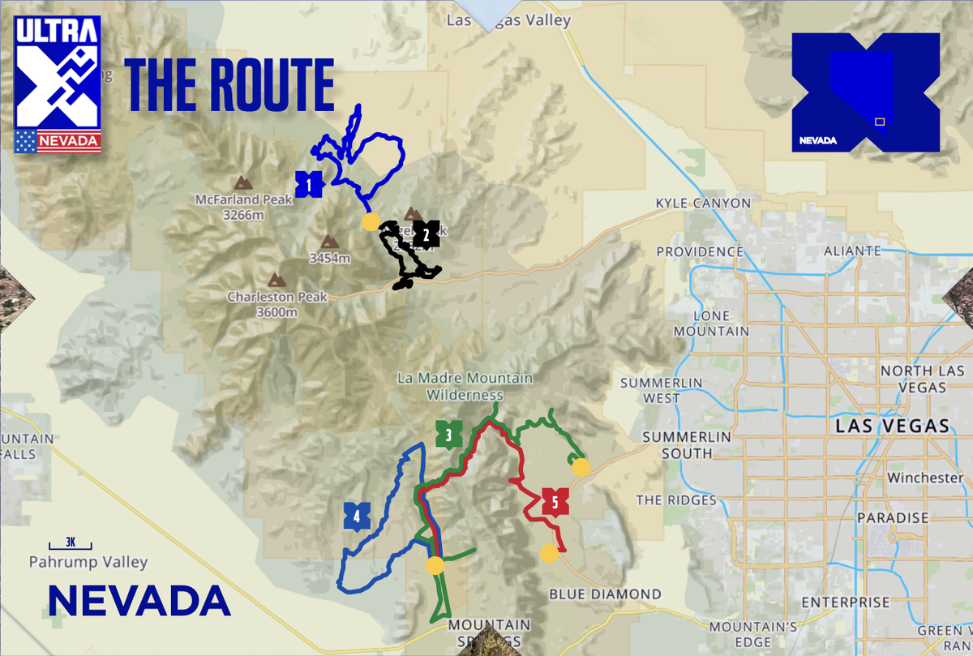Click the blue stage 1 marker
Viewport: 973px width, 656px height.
pyautogui.click(x=309, y=185)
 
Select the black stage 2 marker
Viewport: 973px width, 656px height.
pyautogui.click(x=426, y=234)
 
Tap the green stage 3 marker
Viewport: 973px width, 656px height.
pyautogui.click(x=448, y=435)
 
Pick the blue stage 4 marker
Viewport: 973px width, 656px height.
pyautogui.click(x=357, y=516)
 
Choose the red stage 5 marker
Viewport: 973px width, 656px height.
pyautogui.click(x=555, y=501)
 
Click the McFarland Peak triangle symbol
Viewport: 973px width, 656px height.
pyautogui.click(x=242, y=183)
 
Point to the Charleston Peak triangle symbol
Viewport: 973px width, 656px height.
pyautogui.click(x=277, y=281)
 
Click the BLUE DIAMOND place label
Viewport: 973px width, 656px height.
pyautogui.click(x=605, y=594)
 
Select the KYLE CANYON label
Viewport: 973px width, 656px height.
pyautogui.click(x=703, y=203)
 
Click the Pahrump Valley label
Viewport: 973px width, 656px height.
pyautogui.click(x=88, y=561)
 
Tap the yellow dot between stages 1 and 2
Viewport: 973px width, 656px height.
pyautogui.click(x=371, y=221)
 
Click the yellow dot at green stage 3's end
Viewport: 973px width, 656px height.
pyautogui.click(x=581, y=467)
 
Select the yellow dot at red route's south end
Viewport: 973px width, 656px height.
pyautogui.click(x=550, y=553)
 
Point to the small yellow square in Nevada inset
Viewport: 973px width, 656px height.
pyautogui.click(x=879, y=122)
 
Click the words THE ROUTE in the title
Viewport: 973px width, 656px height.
pyautogui.click(x=229, y=84)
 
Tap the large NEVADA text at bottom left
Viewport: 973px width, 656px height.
pyautogui.click(x=139, y=601)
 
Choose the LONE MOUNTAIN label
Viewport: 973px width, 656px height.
pyautogui.click(x=712, y=324)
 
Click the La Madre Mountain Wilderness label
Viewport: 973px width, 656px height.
pyautogui.click(x=465, y=386)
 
